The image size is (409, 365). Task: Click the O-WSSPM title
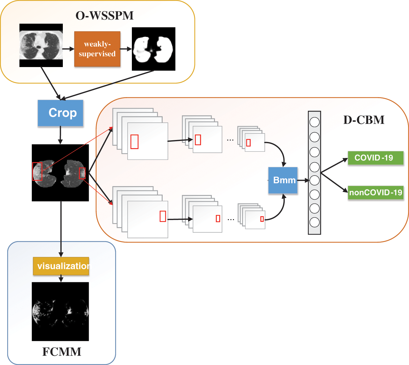tap(104, 15)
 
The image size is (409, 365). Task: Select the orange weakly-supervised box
tap(97, 49)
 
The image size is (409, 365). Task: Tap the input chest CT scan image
tap(41, 45)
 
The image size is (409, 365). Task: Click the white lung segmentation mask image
tap(153, 49)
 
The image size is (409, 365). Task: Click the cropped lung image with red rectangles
tap(60, 173)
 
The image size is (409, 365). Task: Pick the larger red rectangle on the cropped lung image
tap(37, 171)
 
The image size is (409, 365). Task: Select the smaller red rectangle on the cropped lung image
tap(82, 173)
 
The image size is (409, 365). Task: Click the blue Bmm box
tap(283, 180)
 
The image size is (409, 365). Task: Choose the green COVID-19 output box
tap(375, 158)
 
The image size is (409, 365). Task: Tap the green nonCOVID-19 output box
tap(375, 192)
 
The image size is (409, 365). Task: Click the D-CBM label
tap(364, 120)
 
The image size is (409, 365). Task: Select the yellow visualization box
tap(61, 266)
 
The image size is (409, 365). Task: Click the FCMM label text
tap(62, 352)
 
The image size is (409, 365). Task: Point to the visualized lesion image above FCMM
tap(60, 311)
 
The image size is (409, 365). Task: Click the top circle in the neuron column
tap(314, 122)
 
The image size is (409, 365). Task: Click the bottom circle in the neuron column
tap(314, 222)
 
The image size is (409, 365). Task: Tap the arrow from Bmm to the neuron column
tap(303, 180)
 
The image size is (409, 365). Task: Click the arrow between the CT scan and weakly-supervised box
tap(68, 49)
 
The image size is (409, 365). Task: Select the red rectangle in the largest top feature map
tap(134, 142)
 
